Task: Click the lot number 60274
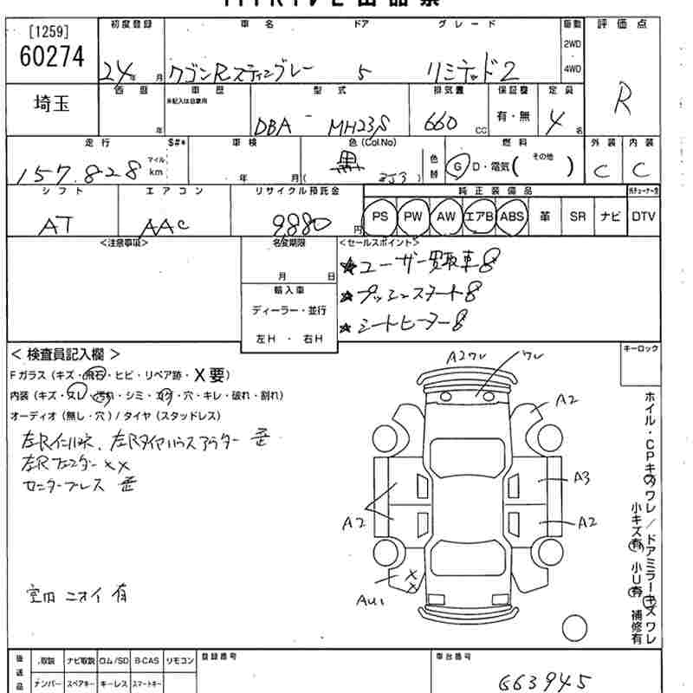pos(52,57)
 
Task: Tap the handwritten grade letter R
pos(622,103)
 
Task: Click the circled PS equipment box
pos(379,216)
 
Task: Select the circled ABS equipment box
pos(512,216)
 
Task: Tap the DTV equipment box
pos(644,216)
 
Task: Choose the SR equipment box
pos(578,216)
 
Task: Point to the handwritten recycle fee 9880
pos(301,226)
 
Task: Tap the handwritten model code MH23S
pos(359,126)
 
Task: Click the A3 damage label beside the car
pos(581,477)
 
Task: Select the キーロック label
pos(640,348)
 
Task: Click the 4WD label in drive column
pos(573,68)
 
